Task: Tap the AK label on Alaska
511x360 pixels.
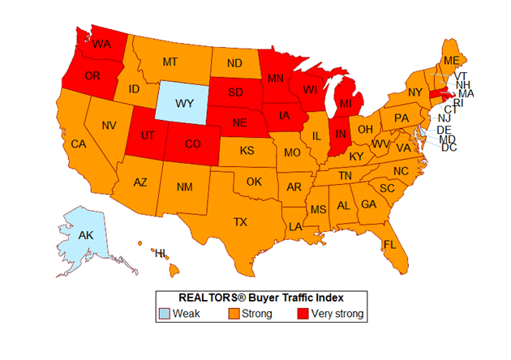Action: [84, 236]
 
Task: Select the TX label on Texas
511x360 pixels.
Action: [241, 221]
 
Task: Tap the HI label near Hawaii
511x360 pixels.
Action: [161, 254]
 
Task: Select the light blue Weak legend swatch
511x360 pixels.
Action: [167, 314]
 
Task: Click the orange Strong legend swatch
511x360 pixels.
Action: [234, 314]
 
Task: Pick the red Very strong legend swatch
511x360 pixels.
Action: [304, 314]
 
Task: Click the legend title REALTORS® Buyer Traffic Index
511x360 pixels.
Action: [259, 297]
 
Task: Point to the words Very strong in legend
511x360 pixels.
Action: [339, 314]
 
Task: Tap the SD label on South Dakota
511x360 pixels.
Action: [237, 90]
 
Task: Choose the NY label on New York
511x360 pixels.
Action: [415, 92]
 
